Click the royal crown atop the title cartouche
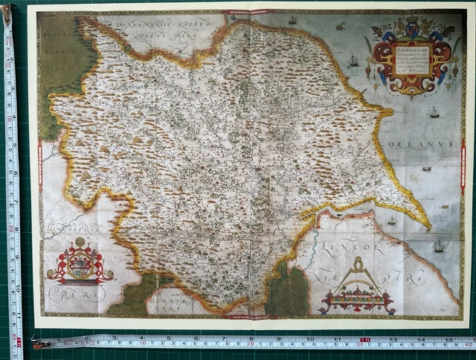pos(411,28)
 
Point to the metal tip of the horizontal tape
pos(37,344)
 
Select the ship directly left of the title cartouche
pos(353,60)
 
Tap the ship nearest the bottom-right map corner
pos(439,246)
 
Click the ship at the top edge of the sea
pos(292,20)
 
